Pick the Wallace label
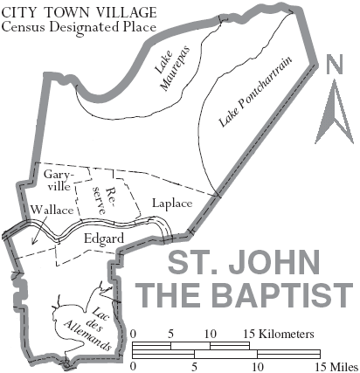point(51,211)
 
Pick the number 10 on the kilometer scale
point(211,335)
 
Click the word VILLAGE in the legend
point(123,10)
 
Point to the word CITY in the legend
point(19,10)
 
